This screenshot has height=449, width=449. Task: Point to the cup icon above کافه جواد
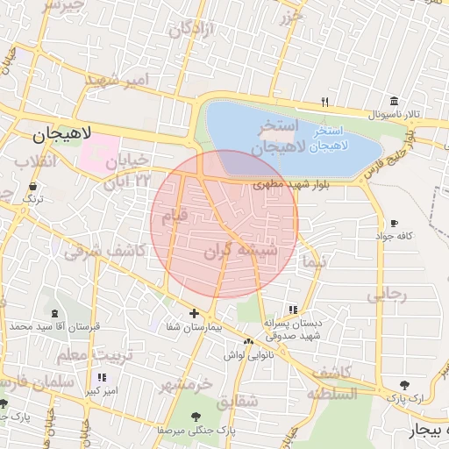point(394,223)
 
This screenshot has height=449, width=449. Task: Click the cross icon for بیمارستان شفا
point(194,313)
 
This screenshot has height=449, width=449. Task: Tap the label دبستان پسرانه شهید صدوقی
point(300,329)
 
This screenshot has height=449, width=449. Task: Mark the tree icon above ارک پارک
point(404,385)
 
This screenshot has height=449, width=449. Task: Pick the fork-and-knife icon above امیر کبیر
point(102,377)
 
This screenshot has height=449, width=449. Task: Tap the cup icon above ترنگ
point(32,187)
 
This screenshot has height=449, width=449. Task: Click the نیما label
point(312,261)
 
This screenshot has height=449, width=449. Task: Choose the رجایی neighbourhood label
point(387,295)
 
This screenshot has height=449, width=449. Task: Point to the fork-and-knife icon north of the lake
point(324,102)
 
